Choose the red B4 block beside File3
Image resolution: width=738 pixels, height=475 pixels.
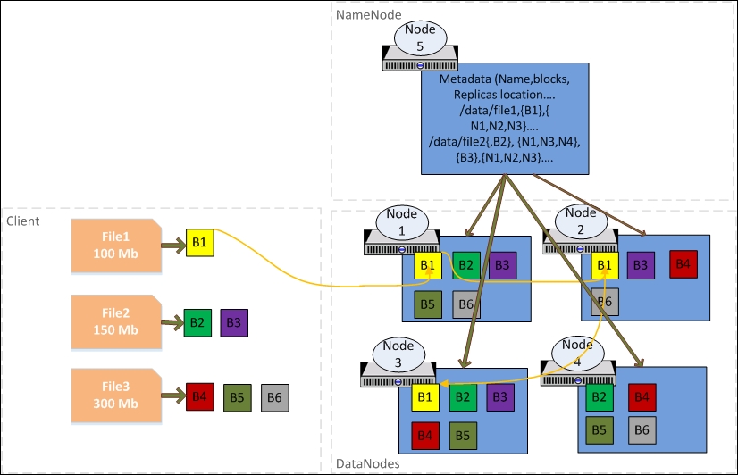tap(200, 396)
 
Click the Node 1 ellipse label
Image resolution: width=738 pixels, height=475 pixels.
tap(402, 222)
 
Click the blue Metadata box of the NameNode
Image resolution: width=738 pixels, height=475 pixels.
tap(504, 119)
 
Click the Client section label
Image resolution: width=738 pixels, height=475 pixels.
tap(22, 220)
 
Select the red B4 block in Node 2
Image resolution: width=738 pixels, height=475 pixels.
tap(683, 264)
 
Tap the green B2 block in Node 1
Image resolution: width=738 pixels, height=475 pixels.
tap(465, 265)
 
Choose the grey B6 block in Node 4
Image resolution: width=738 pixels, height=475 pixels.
tap(642, 429)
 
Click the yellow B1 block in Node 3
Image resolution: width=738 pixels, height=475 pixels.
tap(426, 396)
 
